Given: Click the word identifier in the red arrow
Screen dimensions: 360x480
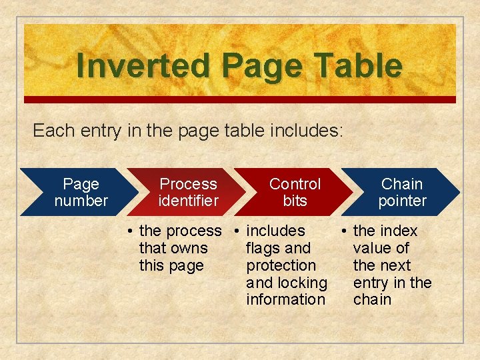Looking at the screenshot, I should click(x=188, y=201).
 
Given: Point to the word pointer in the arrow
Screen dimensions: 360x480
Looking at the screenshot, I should click(x=402, y=201).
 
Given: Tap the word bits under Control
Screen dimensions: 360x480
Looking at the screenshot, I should click(x=295, y=201).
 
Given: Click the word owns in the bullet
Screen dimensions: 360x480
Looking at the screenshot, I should click(x=190, y=248).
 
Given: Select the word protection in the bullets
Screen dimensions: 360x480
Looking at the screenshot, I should click(x=281, y=265).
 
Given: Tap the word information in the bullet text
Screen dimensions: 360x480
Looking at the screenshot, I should click(x=285, y=300).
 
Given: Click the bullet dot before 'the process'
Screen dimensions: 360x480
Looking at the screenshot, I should click(x=131, y=231).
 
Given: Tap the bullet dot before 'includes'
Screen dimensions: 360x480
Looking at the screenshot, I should click(x=238, y=231).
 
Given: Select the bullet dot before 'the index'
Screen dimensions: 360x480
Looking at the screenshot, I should click(x=345, y=231).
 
